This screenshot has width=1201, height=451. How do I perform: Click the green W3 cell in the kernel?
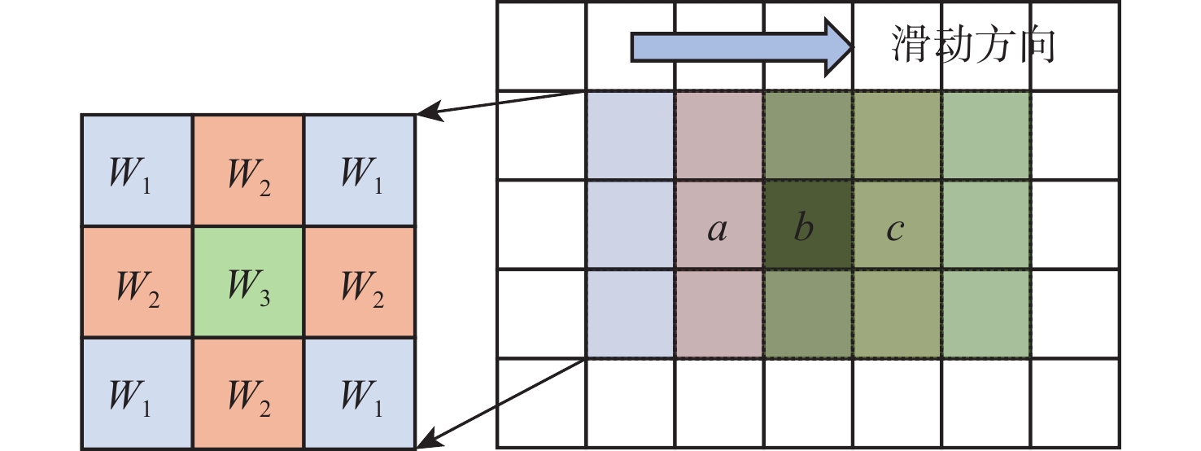click(248, 282)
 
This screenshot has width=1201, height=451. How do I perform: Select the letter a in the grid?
click(718, 229)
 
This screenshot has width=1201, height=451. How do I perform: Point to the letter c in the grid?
click(895, 230)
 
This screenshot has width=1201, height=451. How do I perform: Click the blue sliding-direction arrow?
click(741, 48)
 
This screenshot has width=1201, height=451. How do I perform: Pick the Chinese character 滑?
click(910, 44)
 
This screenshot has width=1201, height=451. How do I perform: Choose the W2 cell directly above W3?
click(248, 170)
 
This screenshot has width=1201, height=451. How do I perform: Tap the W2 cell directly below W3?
click(248, 393)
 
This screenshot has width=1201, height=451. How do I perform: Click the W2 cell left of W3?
click(138, 282)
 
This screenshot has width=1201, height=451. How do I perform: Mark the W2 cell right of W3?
click(360, 282)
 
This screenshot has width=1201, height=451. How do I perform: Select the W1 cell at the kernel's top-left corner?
click(138, 170)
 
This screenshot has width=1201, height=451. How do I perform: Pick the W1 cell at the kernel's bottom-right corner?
click(360, 393)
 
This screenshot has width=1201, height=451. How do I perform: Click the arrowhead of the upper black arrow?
click(417, 114)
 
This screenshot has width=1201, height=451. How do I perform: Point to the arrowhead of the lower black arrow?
click(417, 447)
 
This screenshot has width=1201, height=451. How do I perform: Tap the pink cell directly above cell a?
click(719, 135)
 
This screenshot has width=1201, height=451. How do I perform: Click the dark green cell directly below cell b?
click(808, 313)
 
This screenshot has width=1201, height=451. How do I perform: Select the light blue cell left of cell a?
click(630, 225)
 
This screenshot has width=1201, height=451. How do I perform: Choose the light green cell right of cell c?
click(986, 225)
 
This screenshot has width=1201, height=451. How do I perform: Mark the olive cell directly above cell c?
click(897, 135)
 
